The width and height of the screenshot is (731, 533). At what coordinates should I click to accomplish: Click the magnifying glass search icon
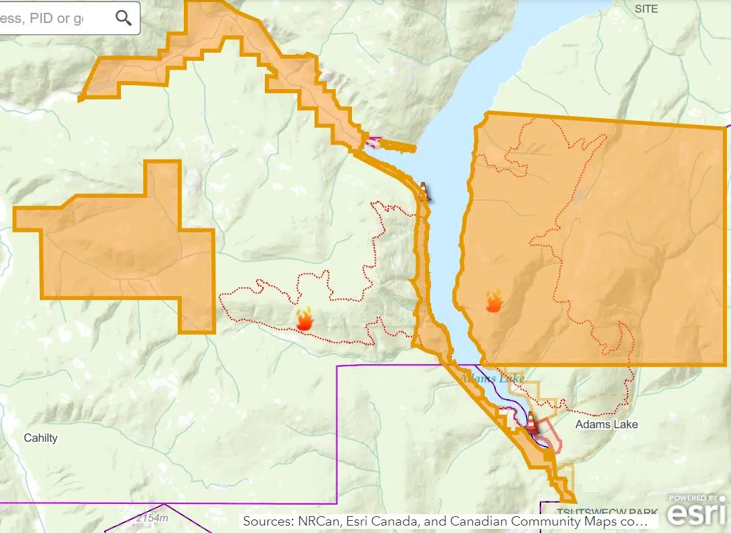tap(124, 18)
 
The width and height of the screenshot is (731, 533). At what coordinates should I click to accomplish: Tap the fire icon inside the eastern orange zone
tap(494, 301)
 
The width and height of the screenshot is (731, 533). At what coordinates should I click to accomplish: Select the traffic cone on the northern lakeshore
tap(424, 192)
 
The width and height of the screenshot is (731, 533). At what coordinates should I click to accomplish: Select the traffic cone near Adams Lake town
tap(532, 422)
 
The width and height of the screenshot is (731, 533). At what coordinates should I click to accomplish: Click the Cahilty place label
tap(41, 438)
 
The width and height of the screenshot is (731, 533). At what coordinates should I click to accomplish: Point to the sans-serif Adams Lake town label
tap(606, 424)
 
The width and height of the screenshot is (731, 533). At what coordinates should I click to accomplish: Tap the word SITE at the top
tap(646, 9)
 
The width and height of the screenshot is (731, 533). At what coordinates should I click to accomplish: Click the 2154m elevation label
tap(151, 518)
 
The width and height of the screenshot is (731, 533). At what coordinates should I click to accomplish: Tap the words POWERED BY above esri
tap(693, 498)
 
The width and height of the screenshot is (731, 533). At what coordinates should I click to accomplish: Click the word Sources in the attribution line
tap(266, 522)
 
